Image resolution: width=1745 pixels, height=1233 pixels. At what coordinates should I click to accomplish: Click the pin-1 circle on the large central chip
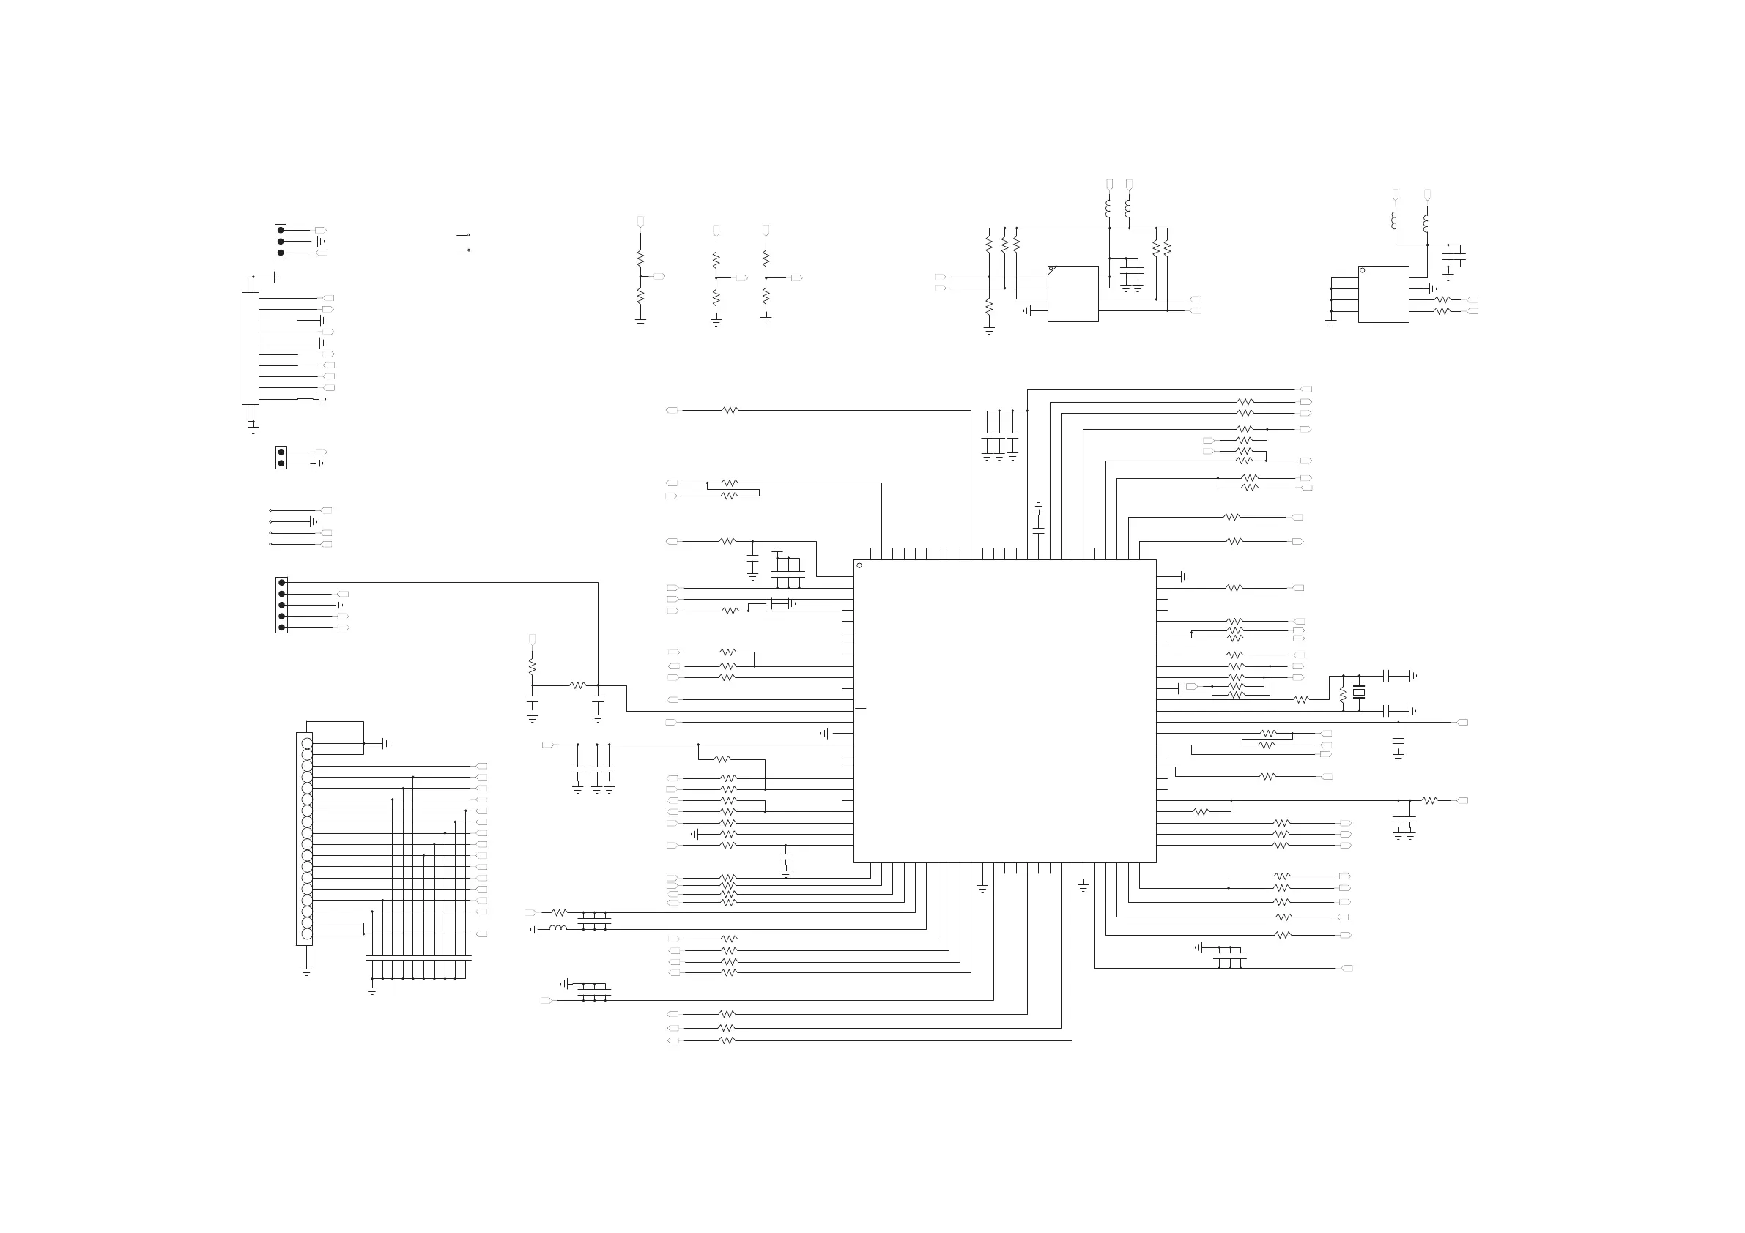859,565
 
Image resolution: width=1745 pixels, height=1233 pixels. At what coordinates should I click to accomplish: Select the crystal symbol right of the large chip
1359,692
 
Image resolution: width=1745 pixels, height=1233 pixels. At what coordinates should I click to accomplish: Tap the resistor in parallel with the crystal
1343,693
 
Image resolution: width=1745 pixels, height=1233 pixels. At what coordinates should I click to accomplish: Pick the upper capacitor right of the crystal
1388,675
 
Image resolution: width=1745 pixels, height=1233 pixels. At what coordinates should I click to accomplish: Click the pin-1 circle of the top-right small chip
1362,270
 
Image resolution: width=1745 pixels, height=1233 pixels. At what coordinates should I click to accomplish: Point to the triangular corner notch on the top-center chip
1051,269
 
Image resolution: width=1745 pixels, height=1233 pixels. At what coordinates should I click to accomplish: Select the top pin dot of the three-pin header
281,230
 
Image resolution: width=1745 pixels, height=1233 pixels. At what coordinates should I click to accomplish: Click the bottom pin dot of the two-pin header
281,463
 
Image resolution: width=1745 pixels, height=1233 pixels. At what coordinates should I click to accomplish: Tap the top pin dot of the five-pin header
282,583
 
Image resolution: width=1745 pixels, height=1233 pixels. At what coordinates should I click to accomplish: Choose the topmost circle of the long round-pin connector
306,744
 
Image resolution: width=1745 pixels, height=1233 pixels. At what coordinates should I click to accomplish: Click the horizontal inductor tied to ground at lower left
557,928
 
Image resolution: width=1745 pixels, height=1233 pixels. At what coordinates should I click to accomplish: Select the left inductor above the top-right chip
1395,220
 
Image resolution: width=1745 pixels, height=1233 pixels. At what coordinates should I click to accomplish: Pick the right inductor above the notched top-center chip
1128,207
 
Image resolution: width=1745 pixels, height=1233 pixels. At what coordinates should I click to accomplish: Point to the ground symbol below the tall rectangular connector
253,431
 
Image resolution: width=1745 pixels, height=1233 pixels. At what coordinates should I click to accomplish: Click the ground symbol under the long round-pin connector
306,972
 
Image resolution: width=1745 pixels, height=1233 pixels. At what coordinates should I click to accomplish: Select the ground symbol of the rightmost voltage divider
766,322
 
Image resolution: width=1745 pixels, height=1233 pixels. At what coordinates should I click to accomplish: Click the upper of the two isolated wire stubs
463,236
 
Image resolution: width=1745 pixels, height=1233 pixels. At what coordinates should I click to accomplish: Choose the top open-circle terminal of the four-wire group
270,510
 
